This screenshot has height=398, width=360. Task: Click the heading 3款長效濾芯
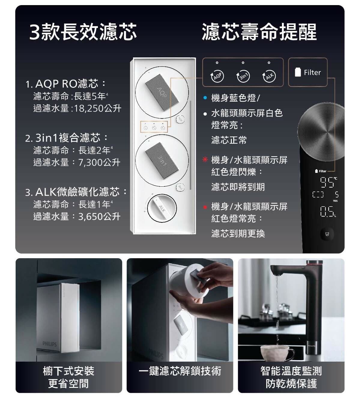(83, 32)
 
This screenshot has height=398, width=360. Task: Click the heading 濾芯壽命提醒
(259, 32)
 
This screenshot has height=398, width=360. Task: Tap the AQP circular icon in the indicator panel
(217, 76)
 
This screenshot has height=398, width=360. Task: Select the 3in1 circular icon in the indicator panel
(243, 76)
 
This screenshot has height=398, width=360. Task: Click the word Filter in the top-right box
(312, 72)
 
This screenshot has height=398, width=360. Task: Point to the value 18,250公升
(98, 108)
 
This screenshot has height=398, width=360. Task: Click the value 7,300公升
(99, 162)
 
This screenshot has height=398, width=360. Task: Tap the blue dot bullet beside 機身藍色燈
(205, 98)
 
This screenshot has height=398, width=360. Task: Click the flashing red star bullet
(205, 159)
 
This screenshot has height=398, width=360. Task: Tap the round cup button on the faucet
(327, 234)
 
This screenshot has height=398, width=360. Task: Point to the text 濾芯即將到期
(238, 187)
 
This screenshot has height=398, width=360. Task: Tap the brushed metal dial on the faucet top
(321, 131)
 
